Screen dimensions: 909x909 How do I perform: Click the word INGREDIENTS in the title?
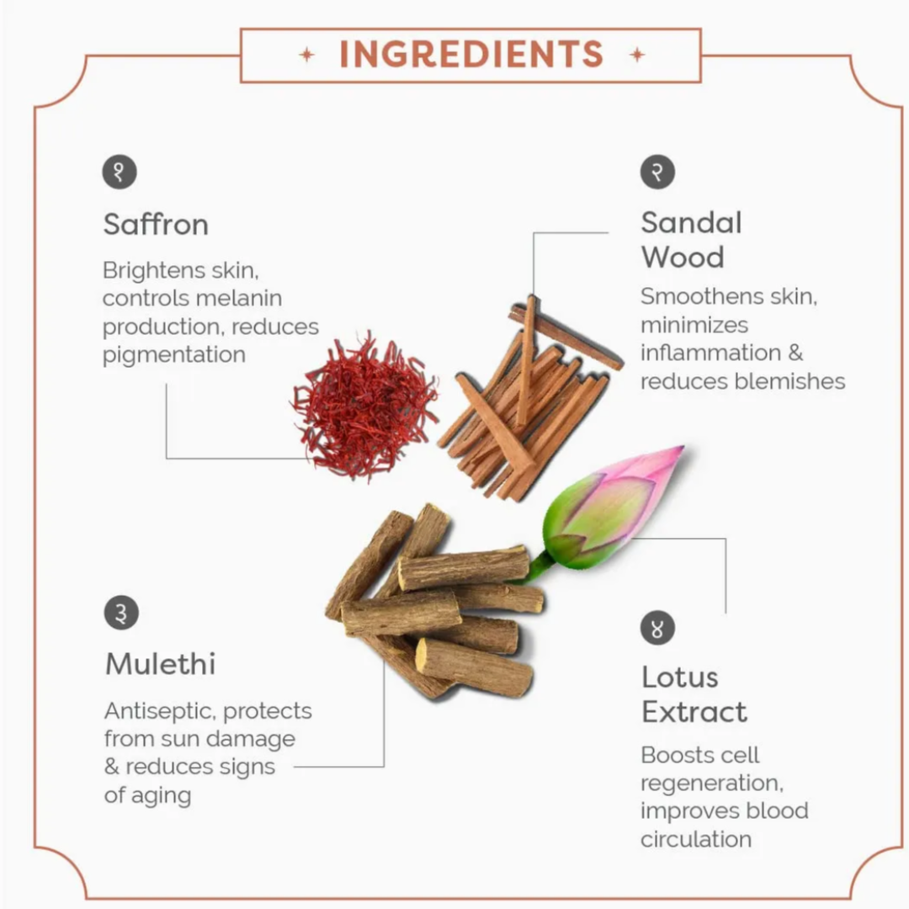point(471,55)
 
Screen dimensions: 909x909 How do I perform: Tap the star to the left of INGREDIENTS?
point(306,55)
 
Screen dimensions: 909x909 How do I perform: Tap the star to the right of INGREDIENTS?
point(637,55)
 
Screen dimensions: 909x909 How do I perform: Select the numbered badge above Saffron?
point(120,172)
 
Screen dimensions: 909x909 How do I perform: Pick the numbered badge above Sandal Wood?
point(657,172)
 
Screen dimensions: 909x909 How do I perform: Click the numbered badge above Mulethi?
point(121,612)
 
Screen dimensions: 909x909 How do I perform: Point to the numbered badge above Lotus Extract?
point(657,628)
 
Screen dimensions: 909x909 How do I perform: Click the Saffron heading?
point(156,225)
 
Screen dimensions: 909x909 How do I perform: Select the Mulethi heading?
point(161,664)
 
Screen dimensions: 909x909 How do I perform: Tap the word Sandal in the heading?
point(691,222)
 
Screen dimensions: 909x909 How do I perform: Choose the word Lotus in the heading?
point(680,677)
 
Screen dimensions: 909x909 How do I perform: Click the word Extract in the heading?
point(694,712)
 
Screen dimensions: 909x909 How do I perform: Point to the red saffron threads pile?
point(364,406)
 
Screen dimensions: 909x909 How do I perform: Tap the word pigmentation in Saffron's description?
point(174,356)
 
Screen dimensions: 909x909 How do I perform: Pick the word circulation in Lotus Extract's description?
point(696,839)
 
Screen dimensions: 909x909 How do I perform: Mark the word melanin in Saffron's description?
point(237,299)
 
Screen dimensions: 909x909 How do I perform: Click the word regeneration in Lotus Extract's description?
point(712,784)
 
